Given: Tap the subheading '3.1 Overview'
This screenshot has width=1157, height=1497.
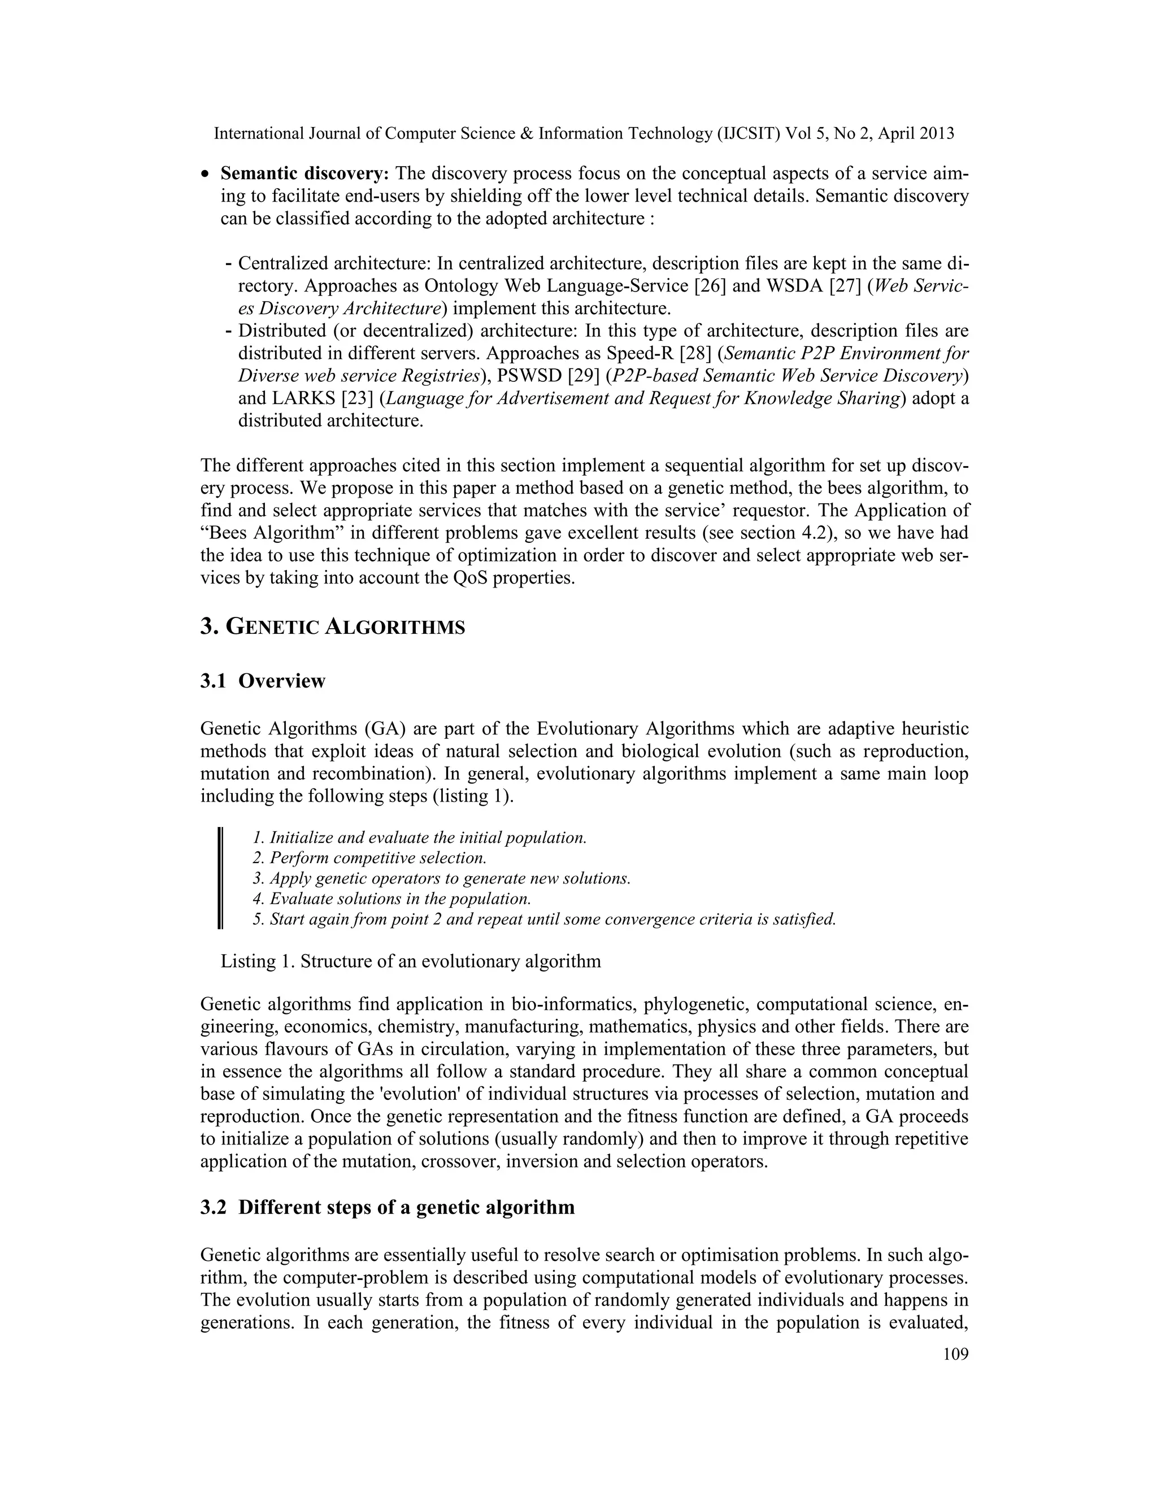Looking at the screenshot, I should (263, 681).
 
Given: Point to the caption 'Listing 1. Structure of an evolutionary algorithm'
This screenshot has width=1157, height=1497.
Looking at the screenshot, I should (411, 961).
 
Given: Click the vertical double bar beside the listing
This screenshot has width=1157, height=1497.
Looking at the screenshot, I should (220, 878).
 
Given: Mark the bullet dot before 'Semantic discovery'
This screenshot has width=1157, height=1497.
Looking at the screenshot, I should (205, 176).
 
